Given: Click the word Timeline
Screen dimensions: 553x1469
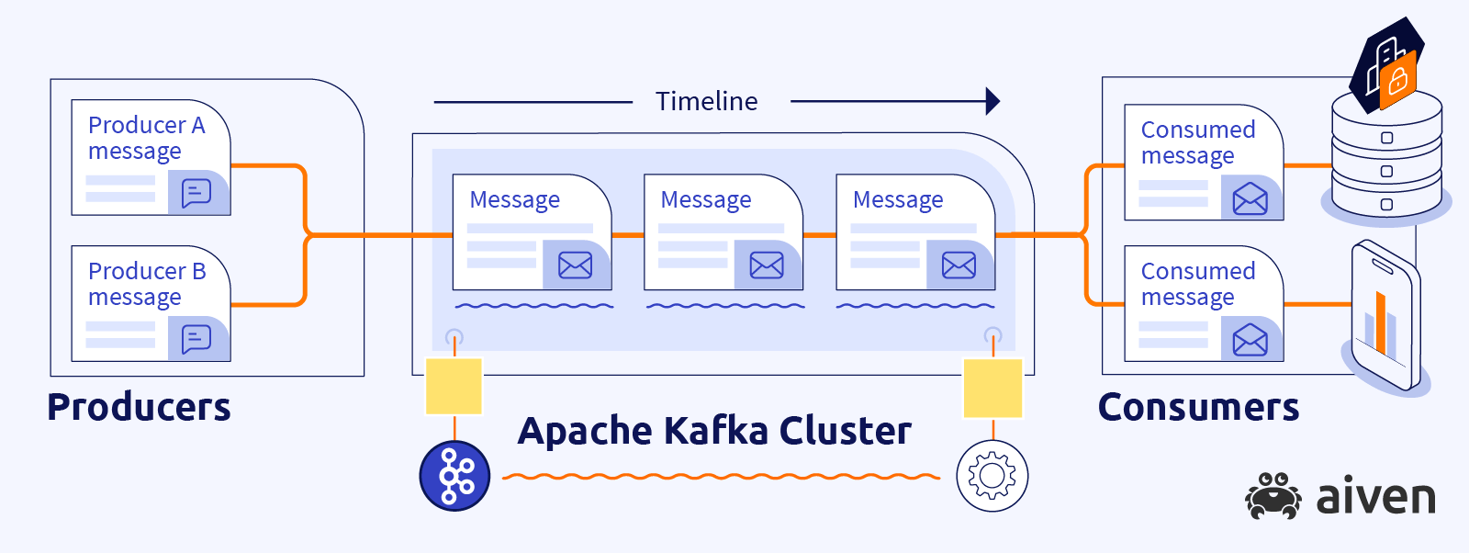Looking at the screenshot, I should click(x=706, y=101).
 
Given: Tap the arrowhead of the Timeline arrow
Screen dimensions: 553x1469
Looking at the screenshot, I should click(x=992, y=101).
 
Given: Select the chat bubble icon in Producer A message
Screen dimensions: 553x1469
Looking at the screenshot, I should click(x=196, y=193).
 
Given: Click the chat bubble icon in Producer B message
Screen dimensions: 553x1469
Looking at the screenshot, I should click(x=196, y=339).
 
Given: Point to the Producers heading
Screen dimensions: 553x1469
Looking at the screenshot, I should click(x=139, y=407).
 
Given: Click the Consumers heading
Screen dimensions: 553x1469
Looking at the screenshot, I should click(x=1198, y=407).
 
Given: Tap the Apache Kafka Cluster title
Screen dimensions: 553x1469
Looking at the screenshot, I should click(x=714, y=431).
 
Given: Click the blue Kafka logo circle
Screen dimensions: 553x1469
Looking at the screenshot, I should click(x=454, y=476).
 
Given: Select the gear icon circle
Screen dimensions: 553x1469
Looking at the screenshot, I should click(x=992, y=476).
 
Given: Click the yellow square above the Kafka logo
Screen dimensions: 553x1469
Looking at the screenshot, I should click(x=454, y=387).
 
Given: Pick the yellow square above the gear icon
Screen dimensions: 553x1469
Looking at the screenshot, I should click(x=992, y=388).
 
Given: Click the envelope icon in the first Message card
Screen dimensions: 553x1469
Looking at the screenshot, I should click(x=575, y=265).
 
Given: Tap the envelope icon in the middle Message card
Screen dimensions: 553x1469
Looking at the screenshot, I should click(x=767, y=265).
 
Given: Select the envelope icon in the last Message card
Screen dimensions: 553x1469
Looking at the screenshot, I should click(x=959, y=265).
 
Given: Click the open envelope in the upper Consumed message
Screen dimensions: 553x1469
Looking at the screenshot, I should click(x=1250, y=198).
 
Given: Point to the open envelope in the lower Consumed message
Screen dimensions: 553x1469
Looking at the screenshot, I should click(x=1250, y=340).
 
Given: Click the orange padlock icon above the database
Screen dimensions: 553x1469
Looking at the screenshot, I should click(x=1397, y=81).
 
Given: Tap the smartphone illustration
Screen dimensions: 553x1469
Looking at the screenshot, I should click(x=1385, y=317).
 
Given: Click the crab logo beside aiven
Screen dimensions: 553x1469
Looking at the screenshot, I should click(x=1273, y=496).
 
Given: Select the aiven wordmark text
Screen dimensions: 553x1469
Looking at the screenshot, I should click(x=1375, y=497).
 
